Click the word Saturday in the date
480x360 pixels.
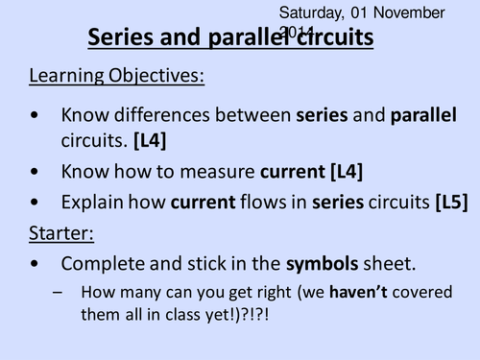(x=310, y=12)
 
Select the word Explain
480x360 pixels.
(x=92, y=202)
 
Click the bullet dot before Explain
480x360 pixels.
(x=35, y=203)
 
